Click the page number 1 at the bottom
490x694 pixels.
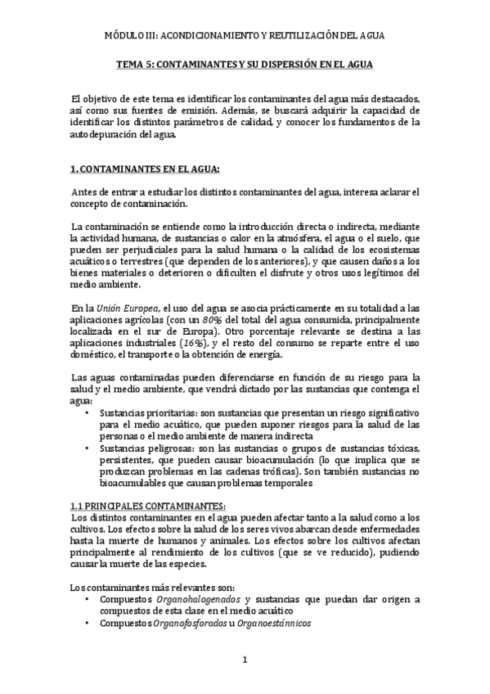click(244, 660)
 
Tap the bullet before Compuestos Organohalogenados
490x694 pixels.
click(88, 599)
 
